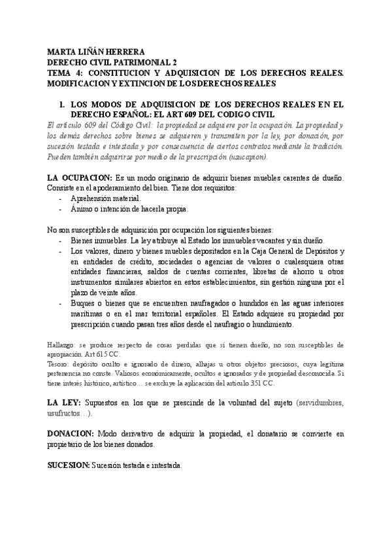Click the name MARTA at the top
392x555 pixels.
[x=62, y=52]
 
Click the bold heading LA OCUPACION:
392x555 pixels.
[x=79, y=178]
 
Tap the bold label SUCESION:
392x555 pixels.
[x=69, y=466]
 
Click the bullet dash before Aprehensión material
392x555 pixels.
[x=61, y=198]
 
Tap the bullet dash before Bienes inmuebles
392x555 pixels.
[x=61, y=241]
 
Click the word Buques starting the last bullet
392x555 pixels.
[x=84, y=304]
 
